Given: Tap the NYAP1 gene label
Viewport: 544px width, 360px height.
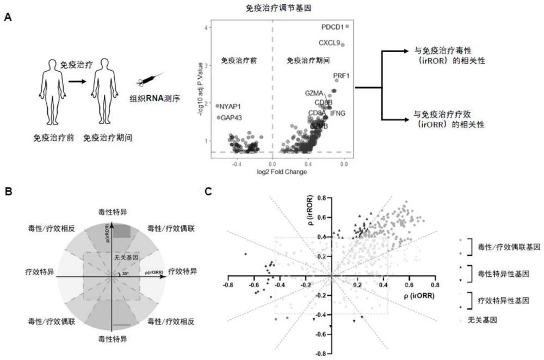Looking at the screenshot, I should (230, 107).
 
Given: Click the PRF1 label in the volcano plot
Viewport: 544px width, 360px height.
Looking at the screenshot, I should (341, 76).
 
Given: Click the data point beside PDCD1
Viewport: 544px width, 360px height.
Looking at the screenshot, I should (347, 26).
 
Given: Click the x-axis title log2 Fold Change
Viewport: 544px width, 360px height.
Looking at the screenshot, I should (272, 172).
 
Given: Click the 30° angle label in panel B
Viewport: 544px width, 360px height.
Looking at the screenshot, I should (126, 274).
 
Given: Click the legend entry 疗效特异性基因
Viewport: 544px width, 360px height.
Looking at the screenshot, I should (499, 301).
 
